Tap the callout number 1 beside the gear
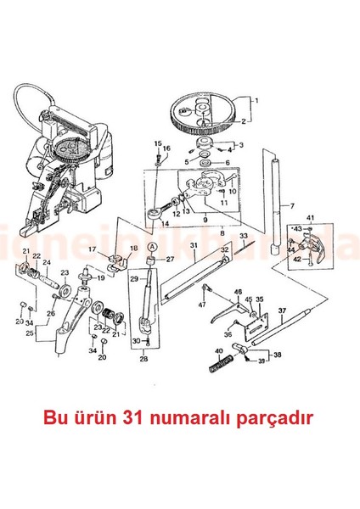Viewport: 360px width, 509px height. (x=256, y=99)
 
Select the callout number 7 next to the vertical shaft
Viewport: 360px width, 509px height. (x=292, y=205)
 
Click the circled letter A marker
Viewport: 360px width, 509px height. (x=151, y=246)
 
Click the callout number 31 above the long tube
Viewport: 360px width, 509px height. (x=193, y=246)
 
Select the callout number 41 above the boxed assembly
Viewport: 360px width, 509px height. (x=311, y=219)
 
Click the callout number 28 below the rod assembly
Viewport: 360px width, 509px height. (x=143, y=359)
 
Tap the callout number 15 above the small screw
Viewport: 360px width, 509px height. (x=158, y=143)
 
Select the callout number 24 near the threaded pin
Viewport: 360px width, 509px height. (x=46, y=263)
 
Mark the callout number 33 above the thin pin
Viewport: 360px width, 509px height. (x=243, y=235)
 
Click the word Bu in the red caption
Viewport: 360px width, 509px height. (x=76, y=418)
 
